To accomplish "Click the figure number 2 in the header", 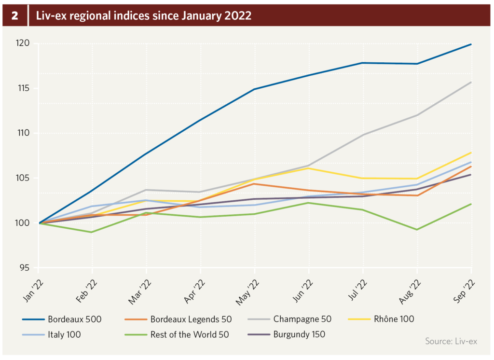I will click(x=15, y=15).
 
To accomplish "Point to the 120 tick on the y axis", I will click(x=23, y=43).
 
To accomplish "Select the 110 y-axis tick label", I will click(x=23, y=133).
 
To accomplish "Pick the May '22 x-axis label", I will click(x=247, y=291).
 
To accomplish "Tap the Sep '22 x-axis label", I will click(x=464, y=291).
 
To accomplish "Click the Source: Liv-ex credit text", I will click(x=451, y=341).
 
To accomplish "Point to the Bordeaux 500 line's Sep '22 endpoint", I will click(x=471, y=44).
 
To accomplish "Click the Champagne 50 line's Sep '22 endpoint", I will click(x=471, y=82).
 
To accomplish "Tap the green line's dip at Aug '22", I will click(x=417, y=229).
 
